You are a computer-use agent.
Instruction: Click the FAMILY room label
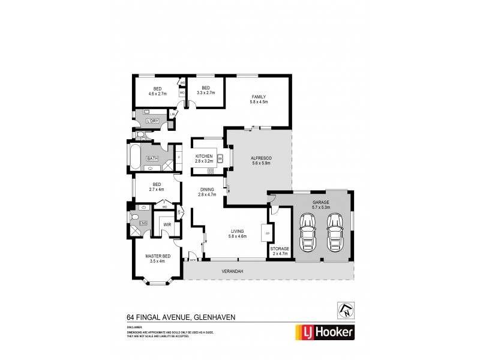pyautogui.click(x=258, y=97)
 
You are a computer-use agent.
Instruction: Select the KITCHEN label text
pyautogui.click(x=203, y=157)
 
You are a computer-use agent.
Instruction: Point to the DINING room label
pyautogui.click(x=207, y=189)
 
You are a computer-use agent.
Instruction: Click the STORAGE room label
pyautogui.click(x=280, y=248)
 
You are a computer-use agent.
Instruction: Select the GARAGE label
pyautogui.click(x=321, y=203)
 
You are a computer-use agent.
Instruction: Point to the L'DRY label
pyautogui.click(x=152, y=121)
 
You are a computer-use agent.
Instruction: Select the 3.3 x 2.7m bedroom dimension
pyautogui.click(x=206, y=93)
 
